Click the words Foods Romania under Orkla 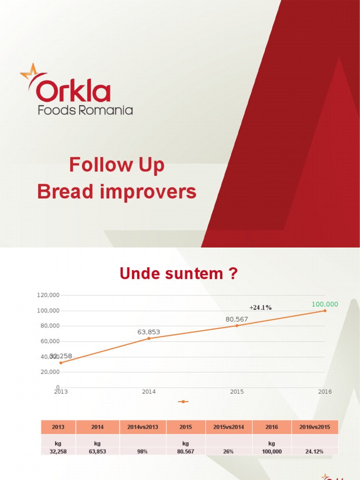[x=85, y=110]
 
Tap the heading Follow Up [x=117, y=165]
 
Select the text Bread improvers [x=117, y=192]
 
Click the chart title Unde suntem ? [x=179, y=274]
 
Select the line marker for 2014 [x=149, y=338]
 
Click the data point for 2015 [x=237, y=325]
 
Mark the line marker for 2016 [x=325, y=311]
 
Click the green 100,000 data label [x=325, y=304]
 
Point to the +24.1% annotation [x=261, y=307]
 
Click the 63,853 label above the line [x=149, y=332]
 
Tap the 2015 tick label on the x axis [x=237, y=392]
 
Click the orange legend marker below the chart [x=183, y=402]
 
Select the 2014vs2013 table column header [x=142, y=427]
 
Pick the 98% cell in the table [x=142, y=451]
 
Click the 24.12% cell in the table [x=315, y=451]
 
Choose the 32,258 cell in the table [x=58, y=451]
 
